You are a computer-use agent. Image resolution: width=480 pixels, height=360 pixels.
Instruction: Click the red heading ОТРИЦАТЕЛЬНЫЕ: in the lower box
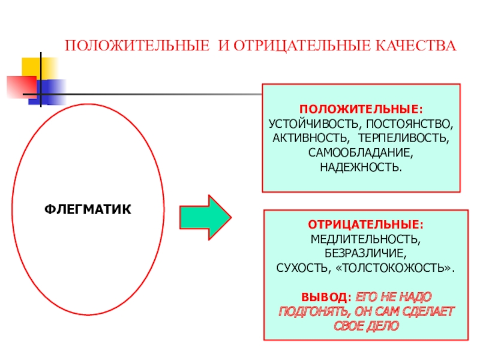[365, 224]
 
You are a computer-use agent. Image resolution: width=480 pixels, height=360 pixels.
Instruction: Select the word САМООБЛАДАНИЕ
[361, 151]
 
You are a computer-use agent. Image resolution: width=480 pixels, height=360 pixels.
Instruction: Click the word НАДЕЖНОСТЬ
[361, 164]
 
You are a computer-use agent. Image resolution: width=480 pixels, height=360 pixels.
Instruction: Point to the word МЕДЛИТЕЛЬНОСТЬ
[365, 238]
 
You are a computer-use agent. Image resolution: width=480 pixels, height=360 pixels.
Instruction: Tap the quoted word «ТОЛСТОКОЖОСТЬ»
[396, 266]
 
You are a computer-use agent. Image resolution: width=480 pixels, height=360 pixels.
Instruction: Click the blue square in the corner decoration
[49, 91]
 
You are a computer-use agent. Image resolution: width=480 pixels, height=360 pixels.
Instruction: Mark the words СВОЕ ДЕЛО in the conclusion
[365, 326]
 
